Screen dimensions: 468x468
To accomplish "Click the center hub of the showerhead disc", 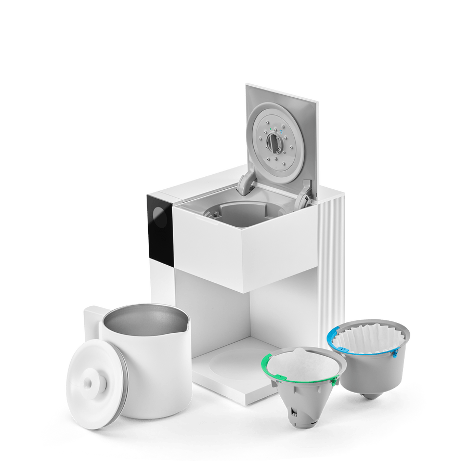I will pos(274,141).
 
